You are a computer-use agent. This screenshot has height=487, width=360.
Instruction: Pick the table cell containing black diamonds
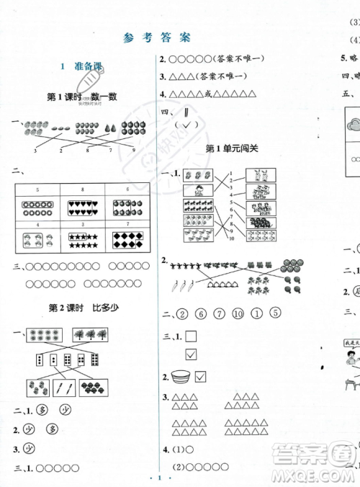coord(126,236)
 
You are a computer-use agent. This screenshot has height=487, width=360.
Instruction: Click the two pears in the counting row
coord(109,128)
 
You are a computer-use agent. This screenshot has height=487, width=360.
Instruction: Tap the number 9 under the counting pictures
coord(132,151)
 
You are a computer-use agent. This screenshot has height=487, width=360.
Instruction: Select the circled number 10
coord(238,313)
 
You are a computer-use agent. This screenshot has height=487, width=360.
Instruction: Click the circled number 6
coord(201,313)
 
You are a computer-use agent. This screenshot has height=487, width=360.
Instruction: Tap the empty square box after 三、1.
coord(191,335)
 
